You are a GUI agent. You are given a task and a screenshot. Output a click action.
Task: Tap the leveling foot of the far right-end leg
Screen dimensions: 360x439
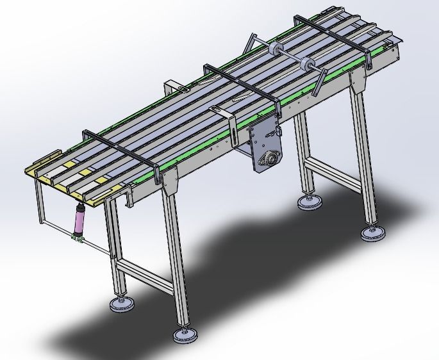pyautogui.click(x=311, y=202)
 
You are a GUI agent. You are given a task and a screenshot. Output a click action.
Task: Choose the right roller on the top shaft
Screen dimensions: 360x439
pyautogui.click(x=307, y=64)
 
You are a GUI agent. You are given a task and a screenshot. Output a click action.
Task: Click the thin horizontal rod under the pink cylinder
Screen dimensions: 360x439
pyautogui.click(x=96, y=247)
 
